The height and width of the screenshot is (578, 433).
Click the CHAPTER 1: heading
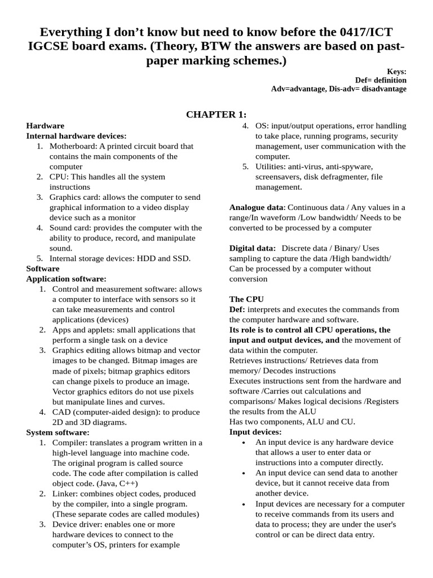coord(216,115)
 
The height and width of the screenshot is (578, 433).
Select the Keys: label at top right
coord(396,71)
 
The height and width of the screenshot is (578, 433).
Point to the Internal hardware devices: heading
coord(77,135)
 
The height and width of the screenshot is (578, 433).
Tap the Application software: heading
coord(67,279)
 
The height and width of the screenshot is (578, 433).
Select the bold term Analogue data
coord(257,207)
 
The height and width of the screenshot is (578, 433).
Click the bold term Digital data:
coord(253,248)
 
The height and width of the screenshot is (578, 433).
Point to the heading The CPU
coord(246,299)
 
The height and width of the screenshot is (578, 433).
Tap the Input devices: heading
coord(255,432)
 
